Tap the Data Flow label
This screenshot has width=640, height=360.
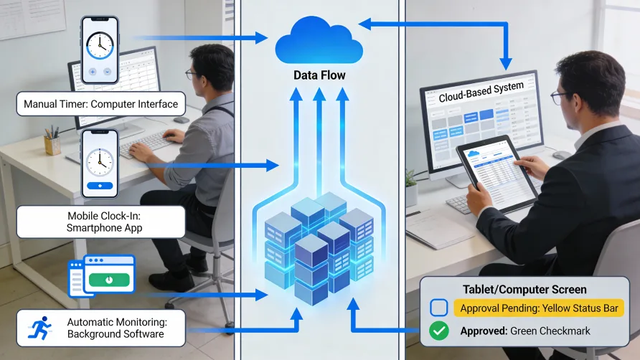tap(319, 75)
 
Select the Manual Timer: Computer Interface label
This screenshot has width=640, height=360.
tap(100, 104)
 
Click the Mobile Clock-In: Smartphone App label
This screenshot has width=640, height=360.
tap(100, 222)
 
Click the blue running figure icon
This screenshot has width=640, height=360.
tap(40, 328)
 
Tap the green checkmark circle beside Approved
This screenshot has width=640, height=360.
tap(438, 331)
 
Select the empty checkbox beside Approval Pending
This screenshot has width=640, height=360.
tap(438, 308)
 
